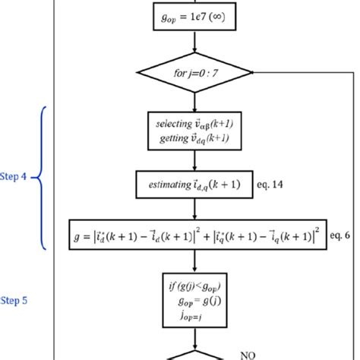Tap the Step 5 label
point(13,300)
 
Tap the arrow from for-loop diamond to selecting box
point(195,102)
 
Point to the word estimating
point(170,183)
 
